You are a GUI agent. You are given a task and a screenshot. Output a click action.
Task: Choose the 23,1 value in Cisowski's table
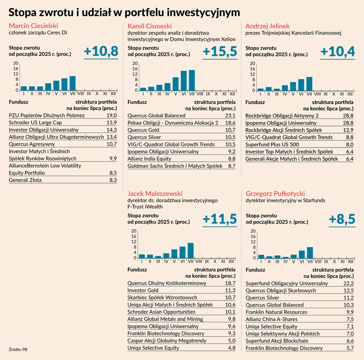click(x=231, y=115)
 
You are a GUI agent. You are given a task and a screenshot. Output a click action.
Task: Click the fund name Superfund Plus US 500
click(x=273, y=144)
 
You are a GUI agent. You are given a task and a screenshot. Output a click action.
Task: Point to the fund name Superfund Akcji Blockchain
click(x=278, y=341)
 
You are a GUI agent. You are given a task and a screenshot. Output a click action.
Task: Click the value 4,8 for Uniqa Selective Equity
click(x=232, y=348)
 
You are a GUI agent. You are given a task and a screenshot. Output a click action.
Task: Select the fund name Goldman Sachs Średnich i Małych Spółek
click(x=175, y=166)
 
